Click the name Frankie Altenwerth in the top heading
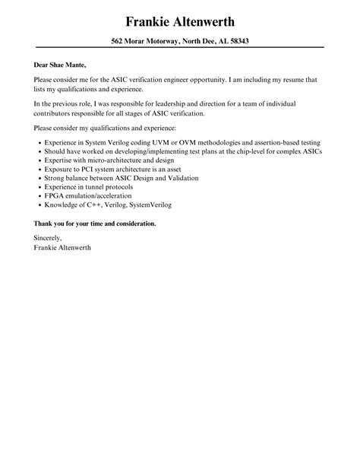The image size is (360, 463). tap(180, 20)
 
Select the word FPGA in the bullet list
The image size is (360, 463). tap(52, 196)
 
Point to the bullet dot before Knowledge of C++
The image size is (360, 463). tap(38, 205)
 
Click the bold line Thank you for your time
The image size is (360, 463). tap(95, 224)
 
